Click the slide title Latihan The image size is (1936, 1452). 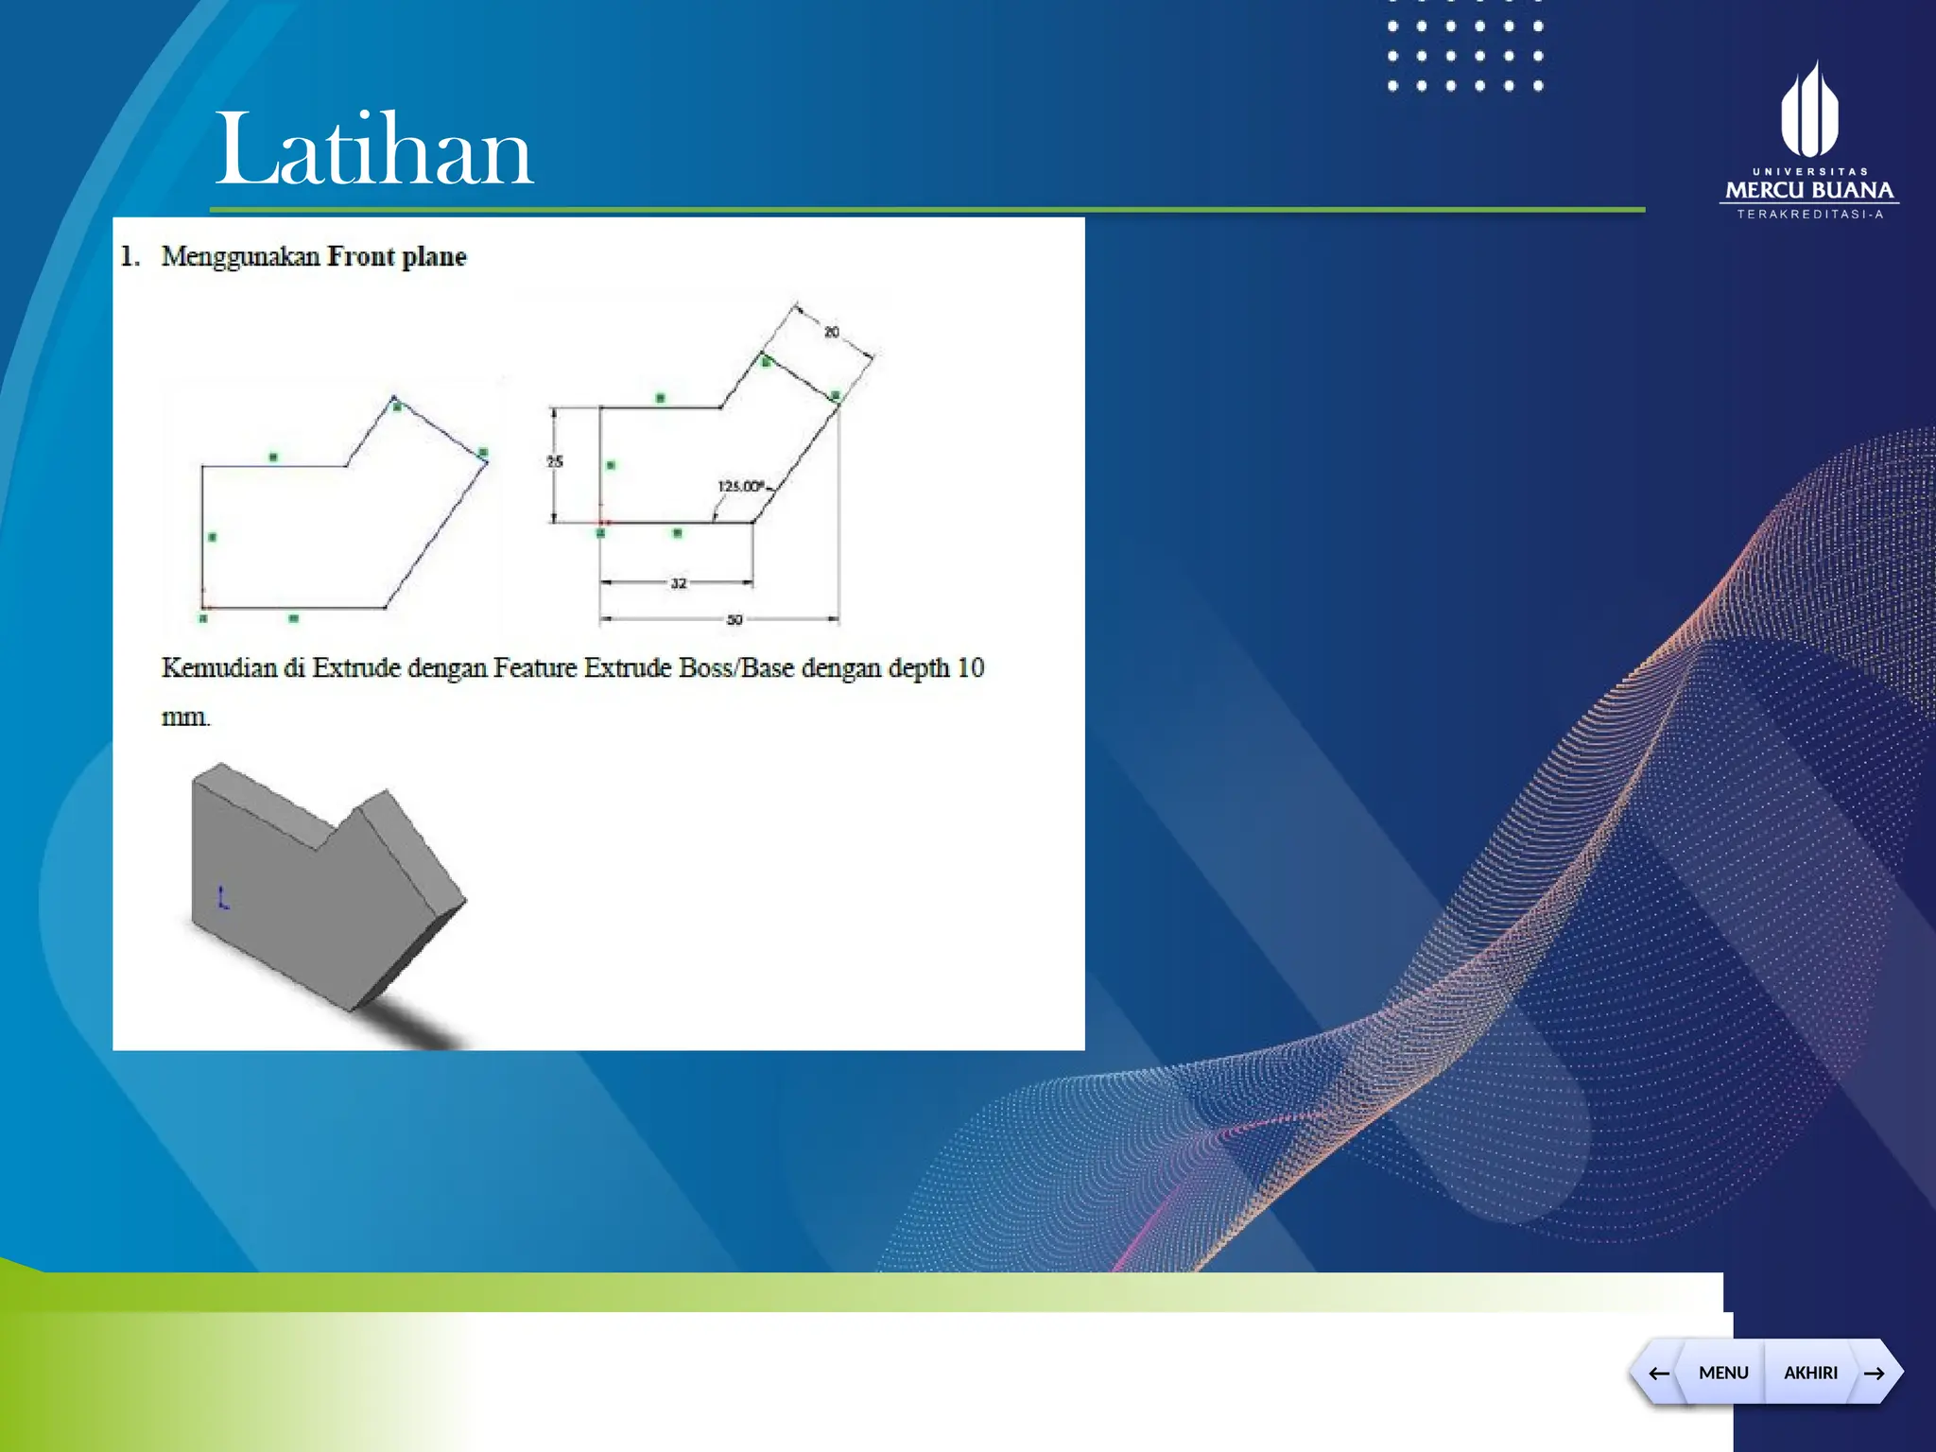coord(374,149)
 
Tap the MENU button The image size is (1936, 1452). coord(1722,1373)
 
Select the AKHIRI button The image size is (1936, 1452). coord(1810,1373)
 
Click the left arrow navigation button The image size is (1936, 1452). coord(1659,1373)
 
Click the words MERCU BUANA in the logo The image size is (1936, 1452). coord(1809,191)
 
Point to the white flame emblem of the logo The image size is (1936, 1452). coord(1809,112)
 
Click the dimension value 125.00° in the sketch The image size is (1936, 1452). coord(741,486)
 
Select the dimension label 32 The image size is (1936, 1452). coord(679,583)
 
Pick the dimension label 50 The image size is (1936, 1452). coord(735,620)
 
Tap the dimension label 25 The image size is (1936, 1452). coord(555,461)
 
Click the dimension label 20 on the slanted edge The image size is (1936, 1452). coord(831,332)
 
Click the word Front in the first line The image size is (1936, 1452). coord(360,256)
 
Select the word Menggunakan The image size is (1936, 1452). coord(240,256)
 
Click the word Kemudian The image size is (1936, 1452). coord(218,668)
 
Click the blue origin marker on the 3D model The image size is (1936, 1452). coord(223,898)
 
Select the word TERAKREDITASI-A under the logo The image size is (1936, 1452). coord(1809,215)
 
